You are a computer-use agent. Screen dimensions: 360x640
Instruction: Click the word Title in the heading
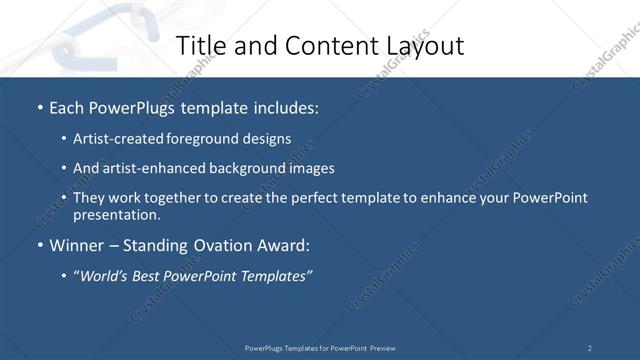[x=199, y=46]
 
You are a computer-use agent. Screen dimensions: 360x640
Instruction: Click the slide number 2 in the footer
[x=589, y=348]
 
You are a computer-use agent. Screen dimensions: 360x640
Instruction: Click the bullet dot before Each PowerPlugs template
[x=40, y=107]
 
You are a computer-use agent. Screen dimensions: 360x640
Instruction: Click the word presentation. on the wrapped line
[x=117, y=214]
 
